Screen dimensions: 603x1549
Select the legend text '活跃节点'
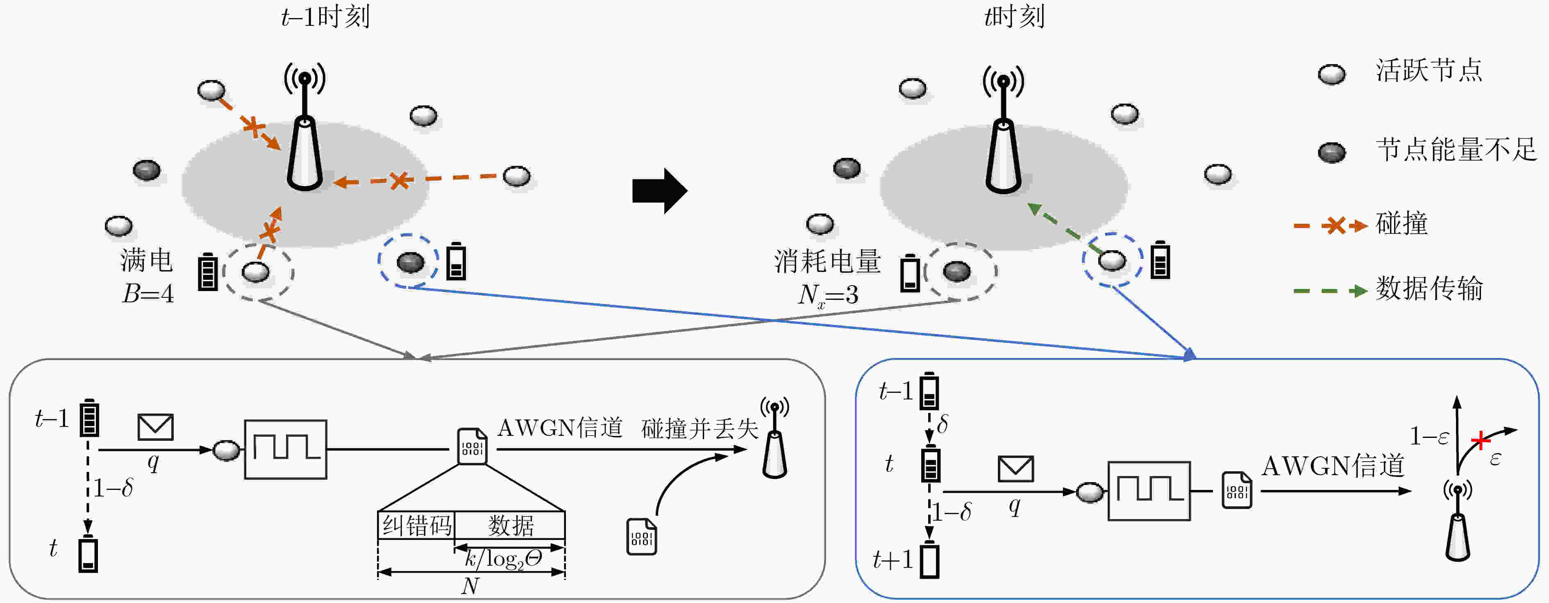[x=1429, y=70]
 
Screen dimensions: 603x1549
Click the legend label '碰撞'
[x=1401, y=224]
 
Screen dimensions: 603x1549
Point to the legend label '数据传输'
[x=1429, y=288]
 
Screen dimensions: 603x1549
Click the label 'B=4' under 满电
[x=148, y=293]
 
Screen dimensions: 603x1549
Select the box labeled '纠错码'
[x=416, y=526]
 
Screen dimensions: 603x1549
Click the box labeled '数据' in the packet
[x=510, y=526]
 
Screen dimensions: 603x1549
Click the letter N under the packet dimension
[x=470, y=585]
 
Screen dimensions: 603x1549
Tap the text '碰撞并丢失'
[x=700, y=428]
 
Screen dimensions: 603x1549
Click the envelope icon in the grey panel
[x=155, y=427]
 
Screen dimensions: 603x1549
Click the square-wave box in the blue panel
[x=1149, y=491]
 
